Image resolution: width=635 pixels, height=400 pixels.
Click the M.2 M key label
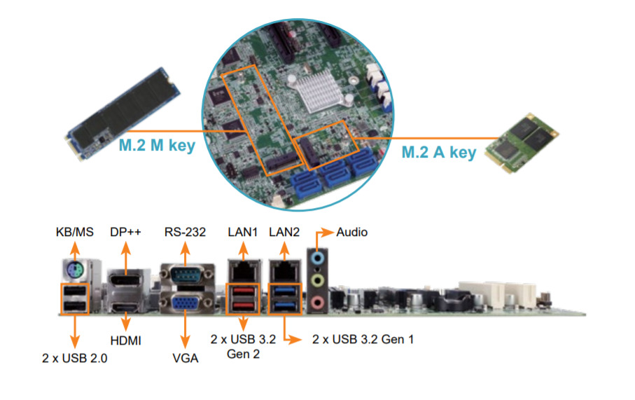coord(156,146)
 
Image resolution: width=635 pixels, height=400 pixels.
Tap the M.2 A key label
coord(438,151)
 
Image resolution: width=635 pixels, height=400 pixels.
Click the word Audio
coord(352,232)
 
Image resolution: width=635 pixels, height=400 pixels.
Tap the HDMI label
coord(126,340)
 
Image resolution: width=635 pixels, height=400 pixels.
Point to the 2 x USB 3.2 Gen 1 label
coord(363,340)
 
